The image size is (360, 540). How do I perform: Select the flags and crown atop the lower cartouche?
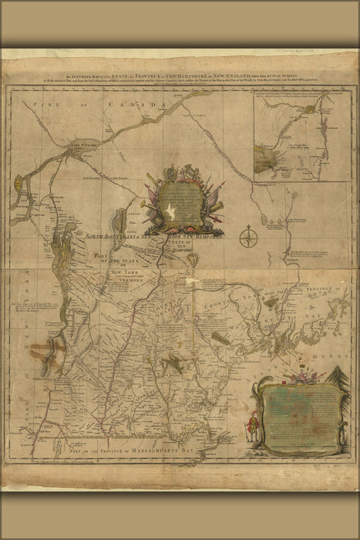[297, 378]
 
